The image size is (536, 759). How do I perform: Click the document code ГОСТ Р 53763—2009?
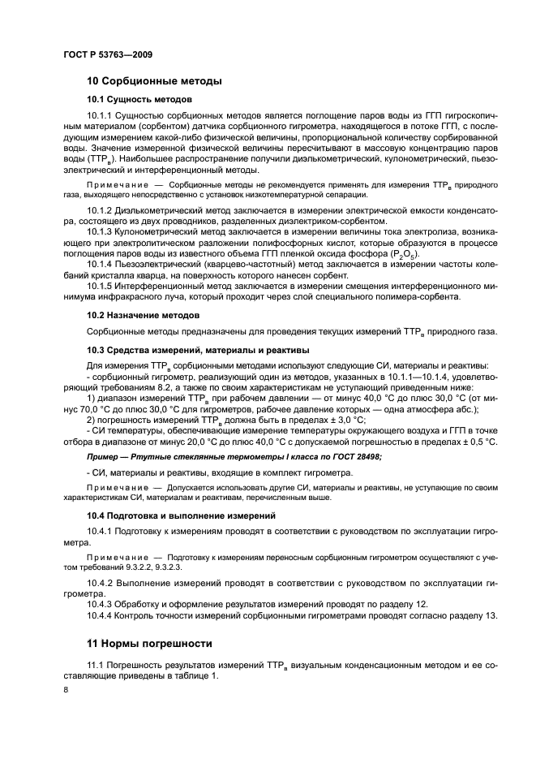click(107, 54)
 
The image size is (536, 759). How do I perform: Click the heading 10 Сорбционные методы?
click(154, 81)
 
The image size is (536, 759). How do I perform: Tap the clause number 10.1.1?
click(100, 119)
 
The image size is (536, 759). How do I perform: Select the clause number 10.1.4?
click(100, 263)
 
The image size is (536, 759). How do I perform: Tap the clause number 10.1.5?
click(100, 285)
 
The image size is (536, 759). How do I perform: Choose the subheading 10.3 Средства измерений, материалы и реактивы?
click(198, 350)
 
